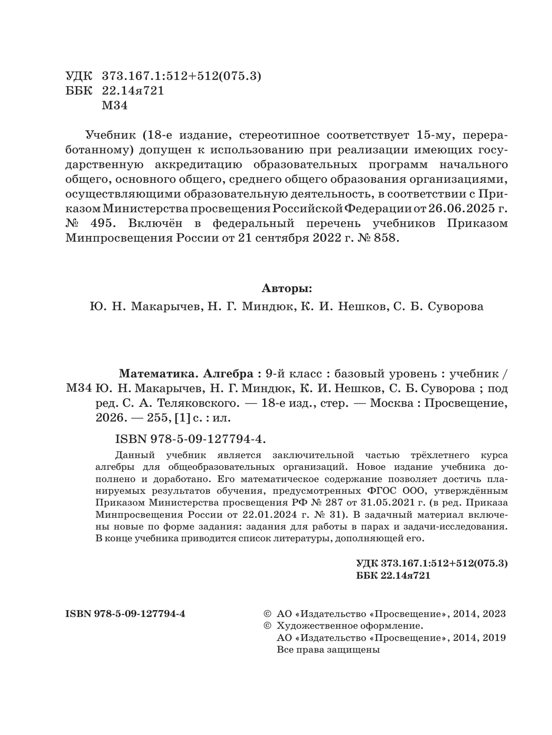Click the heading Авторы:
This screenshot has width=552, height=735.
(x=287, y=289)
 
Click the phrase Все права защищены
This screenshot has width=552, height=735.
(x=328, y=650)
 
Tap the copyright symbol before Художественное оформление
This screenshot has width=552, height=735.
(x=267, y=626)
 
